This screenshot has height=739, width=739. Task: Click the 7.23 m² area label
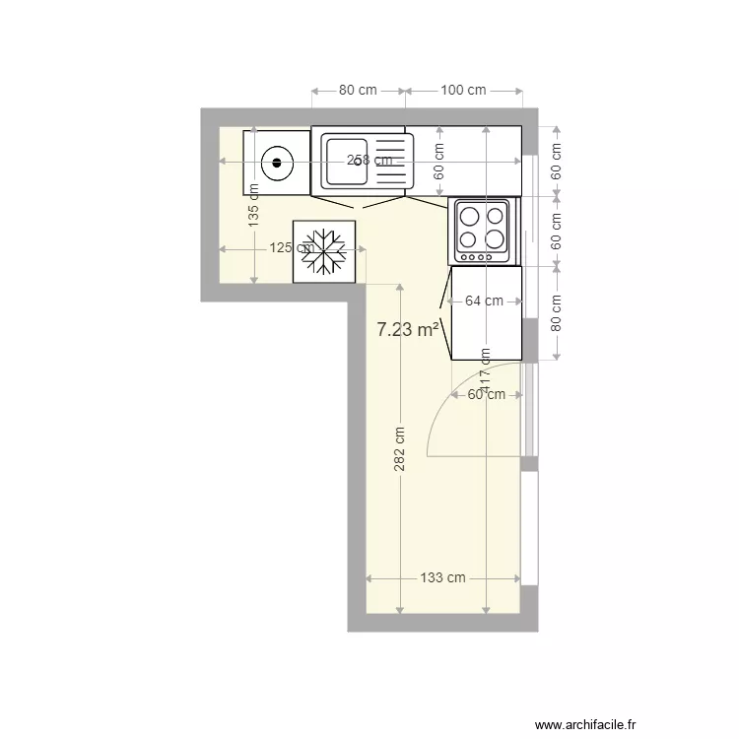click(x=408, y=330)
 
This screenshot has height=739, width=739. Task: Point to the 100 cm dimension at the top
click(x=463, y=90)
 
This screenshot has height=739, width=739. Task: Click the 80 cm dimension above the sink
click(x=358, y=90)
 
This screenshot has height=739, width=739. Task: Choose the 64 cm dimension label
click(x=484, y=301)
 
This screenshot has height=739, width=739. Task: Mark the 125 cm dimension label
click(x=292, y=248)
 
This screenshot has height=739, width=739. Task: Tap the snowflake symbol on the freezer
click(x=324, y=251)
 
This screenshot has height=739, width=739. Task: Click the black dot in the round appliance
click(x=277, y=162)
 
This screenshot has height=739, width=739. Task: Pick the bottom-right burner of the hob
click(x=497, y=238)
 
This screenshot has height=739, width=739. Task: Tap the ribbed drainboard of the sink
click(x=391, y=161)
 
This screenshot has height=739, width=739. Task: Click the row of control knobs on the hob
click(x=477, y=258)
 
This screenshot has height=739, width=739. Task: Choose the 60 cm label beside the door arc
click(x=486, y=394)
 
